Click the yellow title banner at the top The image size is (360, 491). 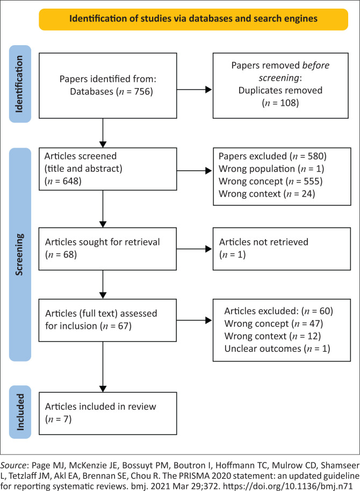tap(193, 19)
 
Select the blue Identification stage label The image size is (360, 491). tap(20, 84)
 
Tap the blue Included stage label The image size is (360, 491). tap(20, 412)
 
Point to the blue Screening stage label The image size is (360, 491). tap(20, 255)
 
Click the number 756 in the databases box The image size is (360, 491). tap(142, 91)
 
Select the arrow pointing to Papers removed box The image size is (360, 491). tap(195, 90)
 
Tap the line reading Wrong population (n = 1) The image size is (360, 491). tap(271, 169)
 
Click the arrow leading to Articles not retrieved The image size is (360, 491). tap(195, 249)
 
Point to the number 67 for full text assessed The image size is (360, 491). tap(123, 326)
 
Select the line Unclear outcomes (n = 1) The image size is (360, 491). tap(277, 349)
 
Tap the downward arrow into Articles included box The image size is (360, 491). tap(103, 367)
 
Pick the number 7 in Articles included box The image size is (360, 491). tap(66, 419)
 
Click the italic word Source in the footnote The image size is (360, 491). tap(13, 465)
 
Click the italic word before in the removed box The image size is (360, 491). tap(315, 66)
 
